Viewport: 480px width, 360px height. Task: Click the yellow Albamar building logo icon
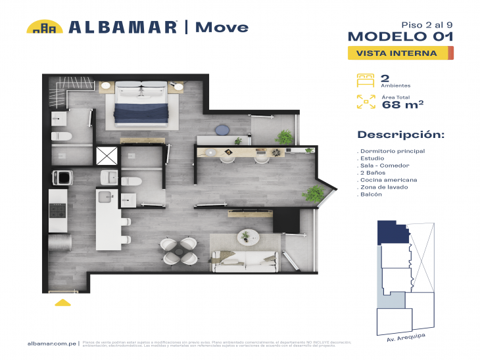(x=44, y=27)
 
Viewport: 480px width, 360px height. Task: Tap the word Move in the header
(x=222, y=27)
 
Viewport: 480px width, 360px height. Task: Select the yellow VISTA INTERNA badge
(x=400, y=53)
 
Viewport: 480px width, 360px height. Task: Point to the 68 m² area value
(x=402, y=104)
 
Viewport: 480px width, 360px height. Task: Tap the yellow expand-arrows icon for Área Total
(x=365, y=101)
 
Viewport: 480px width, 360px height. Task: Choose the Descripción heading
(x=400, y=135)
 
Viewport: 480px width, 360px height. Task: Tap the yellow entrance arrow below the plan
(x=62, y=303)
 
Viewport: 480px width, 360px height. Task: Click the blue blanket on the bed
(x=147, y=110)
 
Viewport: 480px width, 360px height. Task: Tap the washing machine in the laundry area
(x=62, y=177)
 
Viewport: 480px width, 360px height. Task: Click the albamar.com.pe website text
(x=52, y=343)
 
